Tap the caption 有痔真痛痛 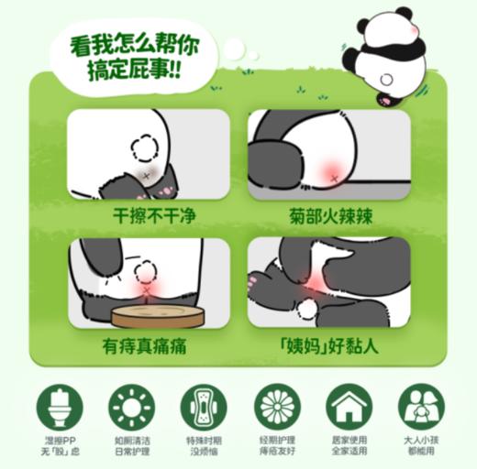[148, 347]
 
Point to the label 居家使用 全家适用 [349, 445]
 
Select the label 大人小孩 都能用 [420, 445]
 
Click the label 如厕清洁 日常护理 [131, 445]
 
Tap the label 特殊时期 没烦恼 [204, 445]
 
